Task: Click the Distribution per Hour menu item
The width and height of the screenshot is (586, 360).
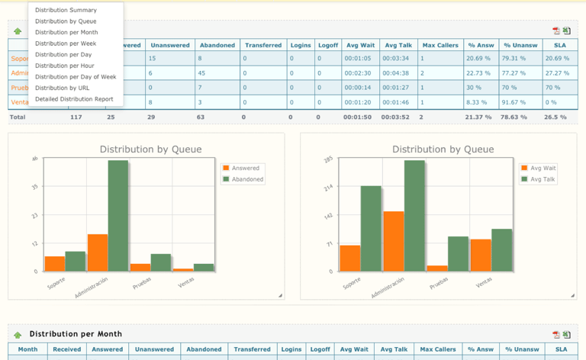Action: point(65,66)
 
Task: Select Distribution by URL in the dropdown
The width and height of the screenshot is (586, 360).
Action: point(62,88)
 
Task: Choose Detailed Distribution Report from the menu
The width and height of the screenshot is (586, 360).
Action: point(74,99)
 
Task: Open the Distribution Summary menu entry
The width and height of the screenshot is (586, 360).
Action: point(66,10)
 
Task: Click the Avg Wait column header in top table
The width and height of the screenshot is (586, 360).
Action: point(358,45)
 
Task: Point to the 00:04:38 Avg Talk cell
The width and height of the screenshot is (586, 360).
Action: point(396,72)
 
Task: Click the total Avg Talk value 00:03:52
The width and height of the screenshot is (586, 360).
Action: point(396,117)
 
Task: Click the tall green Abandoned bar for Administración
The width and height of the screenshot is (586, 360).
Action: point(118,215)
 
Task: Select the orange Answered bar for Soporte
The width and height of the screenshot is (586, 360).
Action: point(55,263)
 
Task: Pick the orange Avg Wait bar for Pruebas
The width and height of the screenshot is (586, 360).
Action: point(437,268)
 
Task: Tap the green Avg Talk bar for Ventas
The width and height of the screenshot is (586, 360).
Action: point(501,249)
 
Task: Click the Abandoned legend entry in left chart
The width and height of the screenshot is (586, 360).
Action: point(246,179)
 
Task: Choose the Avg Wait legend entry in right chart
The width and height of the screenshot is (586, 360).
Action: point(542,168)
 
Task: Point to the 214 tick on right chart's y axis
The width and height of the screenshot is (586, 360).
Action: point(328,186)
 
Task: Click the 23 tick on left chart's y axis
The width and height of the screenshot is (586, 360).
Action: point(34,216)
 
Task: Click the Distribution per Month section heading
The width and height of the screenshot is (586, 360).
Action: point(76,334)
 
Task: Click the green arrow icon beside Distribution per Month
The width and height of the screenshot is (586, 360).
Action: point(18,335)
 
